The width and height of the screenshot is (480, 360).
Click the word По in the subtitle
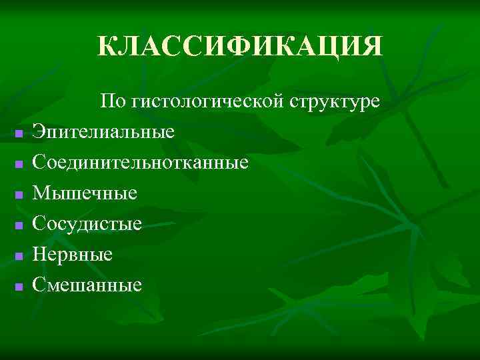[112, 102]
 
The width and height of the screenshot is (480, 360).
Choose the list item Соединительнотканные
[141, 163]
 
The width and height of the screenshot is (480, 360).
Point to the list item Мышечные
[85, 193]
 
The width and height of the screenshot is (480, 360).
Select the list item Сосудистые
[87, 224]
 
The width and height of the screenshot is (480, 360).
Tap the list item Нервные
[73, 255]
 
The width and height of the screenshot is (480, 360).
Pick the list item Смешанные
[87, 285]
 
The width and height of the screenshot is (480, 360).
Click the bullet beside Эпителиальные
[19, 133]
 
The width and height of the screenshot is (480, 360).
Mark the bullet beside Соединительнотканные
[19, 164]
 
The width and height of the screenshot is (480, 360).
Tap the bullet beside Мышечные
[19, 195]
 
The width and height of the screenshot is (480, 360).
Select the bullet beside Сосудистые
[19, 225]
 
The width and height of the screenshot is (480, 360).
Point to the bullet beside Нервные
[19, 256]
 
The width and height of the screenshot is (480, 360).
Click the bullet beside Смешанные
[19, 287]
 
